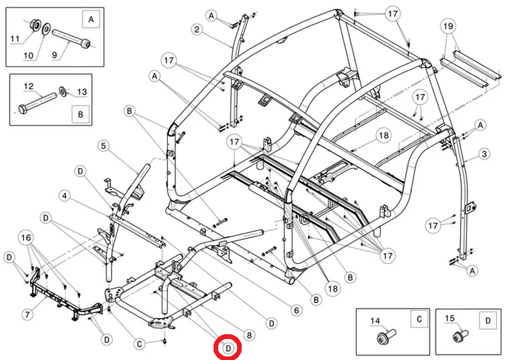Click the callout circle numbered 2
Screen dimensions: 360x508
[x=197, y=29]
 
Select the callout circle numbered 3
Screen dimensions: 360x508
[x=485, y=154]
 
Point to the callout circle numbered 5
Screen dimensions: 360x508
[x=103, y=145]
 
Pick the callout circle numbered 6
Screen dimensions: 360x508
[x=296, y=310]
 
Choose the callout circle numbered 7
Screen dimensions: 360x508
[x=26, y=314]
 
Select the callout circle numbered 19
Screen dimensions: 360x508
[x=447, y=26]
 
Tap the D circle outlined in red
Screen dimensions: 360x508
[x=229, y=347]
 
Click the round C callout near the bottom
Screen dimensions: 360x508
[x=139, y=344]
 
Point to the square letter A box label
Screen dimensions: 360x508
[x=91, y=20]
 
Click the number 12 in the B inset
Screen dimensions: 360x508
[x=28, y=87]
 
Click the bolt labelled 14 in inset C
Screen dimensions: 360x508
[x=382, y=340]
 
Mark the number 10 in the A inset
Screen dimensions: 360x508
[x=29, y=56]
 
